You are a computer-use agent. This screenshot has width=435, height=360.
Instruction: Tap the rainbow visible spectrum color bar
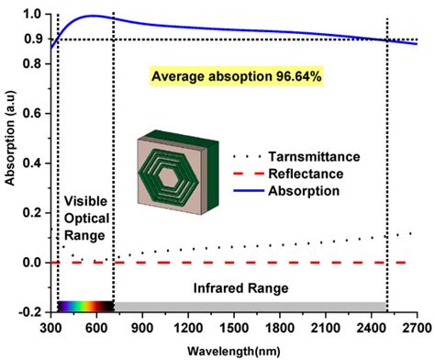coord(85,306)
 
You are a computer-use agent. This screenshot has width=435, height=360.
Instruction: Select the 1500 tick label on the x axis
coord(234,327)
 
